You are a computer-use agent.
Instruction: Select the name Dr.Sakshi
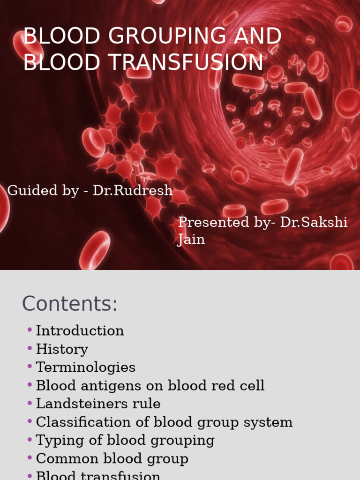314,222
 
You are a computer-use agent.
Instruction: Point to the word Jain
191,240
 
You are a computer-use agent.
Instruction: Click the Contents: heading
70,304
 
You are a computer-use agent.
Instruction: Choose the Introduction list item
80,330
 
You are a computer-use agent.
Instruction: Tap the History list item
62,349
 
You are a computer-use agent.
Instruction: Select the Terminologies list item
85,367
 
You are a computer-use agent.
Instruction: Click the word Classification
86,422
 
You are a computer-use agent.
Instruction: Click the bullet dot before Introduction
30,330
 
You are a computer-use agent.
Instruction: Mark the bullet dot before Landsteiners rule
30,403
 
